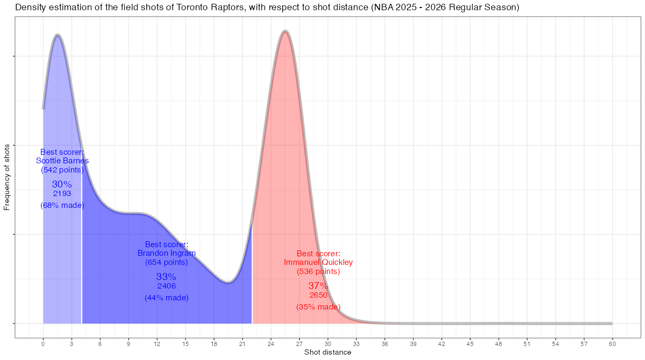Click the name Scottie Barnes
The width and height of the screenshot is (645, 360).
[62, 161]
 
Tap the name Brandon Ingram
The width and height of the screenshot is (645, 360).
[167, 253]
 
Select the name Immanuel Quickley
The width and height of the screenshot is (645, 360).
[318, 262]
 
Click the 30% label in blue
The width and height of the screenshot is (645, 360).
[62, 184]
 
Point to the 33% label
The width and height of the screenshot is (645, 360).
[166, 277]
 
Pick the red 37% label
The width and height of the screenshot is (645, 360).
[318, 286]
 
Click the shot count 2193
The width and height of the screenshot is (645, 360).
[62, 193]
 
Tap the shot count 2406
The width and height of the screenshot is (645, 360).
[167, 286]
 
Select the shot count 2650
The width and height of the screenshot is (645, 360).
[318, 295]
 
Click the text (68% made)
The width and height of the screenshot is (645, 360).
[62, 205]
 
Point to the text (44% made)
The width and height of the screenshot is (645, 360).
[167, 298]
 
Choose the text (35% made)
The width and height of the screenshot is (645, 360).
[318, 307]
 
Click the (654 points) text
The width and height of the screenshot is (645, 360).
[167, 262]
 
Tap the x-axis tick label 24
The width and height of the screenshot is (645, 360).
[271, 343]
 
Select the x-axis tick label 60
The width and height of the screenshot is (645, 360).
[612, 343]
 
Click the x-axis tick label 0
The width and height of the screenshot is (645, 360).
[43, 343]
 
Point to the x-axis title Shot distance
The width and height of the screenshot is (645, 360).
[328, 352]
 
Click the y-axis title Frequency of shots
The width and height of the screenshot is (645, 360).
[7, 177]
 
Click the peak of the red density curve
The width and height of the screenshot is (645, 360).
[285, 32]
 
